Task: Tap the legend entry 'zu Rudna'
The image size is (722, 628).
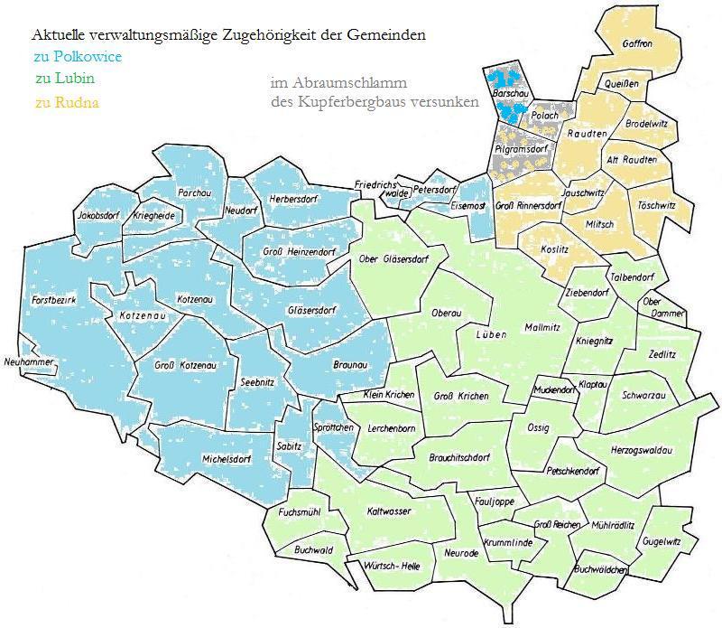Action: [x=67, y=102]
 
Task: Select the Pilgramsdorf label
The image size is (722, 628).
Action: [x=522, y=148]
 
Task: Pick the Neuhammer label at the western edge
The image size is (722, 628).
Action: [x=30, y=362]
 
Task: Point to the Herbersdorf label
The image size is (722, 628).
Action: [x=295, y=198]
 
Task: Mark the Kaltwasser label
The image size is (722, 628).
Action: [x=389, y=511]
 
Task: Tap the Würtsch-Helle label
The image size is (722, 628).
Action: [x=391, y=565]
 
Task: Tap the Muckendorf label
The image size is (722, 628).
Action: [x=554, y=390]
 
